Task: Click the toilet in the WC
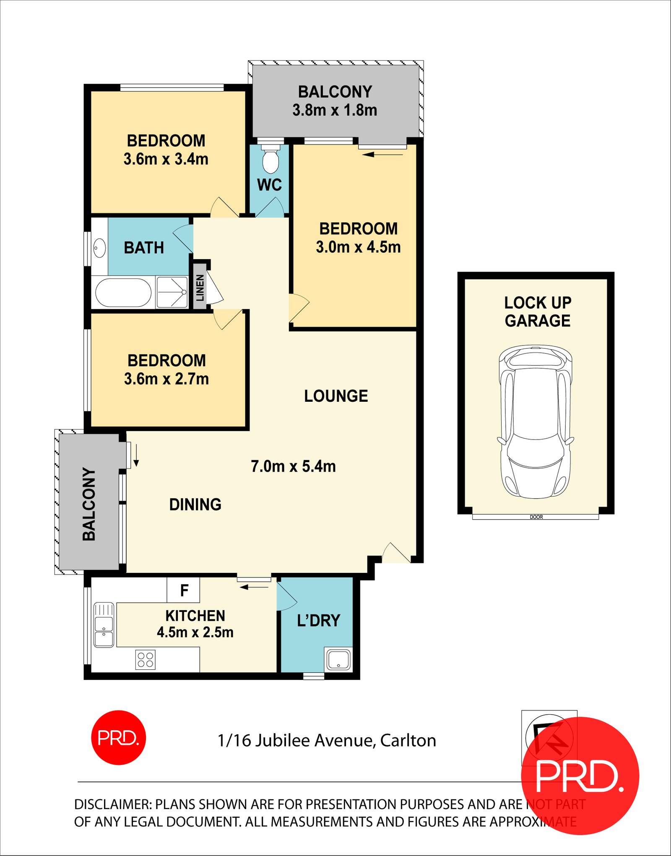click(x=270, y=160)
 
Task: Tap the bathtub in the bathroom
click(x=123, y=293)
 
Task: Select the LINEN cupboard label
click(x=200, y=288)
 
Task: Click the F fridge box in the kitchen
click(x=183, y=590)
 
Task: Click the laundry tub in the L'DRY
click(x=338, y=659)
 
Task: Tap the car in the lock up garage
click(x=536, y=421)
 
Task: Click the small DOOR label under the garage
click(x=536, y=517)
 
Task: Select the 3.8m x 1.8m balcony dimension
click(x=335, y=110)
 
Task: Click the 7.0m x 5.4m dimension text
click(x=293, y=466)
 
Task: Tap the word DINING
click(x=195, y=505)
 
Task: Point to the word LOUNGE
click(x=336, y=396)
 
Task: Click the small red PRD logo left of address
click(x=119, y=737)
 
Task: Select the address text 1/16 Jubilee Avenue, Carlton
click(x=327, y=741)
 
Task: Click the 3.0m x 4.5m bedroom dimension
click(x=358, y=247)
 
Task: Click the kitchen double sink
click(x=104, y=625)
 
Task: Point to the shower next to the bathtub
click(x=172, y=292)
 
